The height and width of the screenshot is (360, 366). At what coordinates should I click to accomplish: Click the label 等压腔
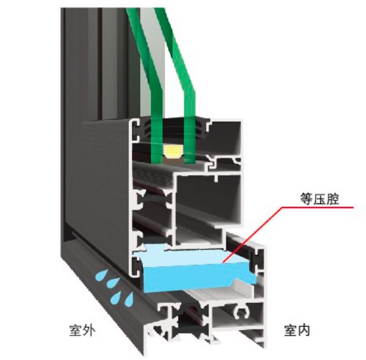(319, 199)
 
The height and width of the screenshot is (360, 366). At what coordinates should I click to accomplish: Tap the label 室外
(82, 330)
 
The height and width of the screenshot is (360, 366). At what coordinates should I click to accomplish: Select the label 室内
(297, 330)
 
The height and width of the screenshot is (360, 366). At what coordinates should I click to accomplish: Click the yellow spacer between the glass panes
(173, 151)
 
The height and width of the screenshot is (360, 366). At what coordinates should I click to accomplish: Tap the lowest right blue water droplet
(129, 299)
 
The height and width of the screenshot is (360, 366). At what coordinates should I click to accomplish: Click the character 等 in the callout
(306, 199)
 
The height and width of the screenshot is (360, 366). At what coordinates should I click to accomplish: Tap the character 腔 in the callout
(333, 199)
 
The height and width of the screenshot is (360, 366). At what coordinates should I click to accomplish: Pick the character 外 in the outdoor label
(89, 330)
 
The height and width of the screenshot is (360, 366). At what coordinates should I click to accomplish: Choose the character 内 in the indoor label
(304, 330)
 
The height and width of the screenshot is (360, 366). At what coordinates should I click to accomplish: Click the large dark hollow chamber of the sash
(208, 199)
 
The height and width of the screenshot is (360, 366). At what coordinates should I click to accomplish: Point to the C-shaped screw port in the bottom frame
(242, 313)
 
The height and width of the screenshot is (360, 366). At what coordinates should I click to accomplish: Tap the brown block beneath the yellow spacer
(173, 160)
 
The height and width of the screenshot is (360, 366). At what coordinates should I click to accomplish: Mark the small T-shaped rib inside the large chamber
(217, 178)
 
